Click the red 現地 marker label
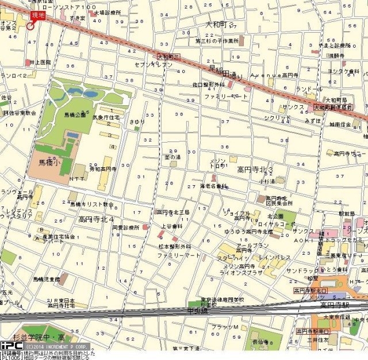37,16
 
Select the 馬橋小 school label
51,163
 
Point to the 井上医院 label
40,62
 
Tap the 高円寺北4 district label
96,219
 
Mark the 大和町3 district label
220,25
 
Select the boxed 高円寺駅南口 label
313,331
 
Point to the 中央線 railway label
197,311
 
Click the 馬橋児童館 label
45,279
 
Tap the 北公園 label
275,216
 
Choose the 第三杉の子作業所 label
216,41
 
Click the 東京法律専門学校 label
223,300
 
